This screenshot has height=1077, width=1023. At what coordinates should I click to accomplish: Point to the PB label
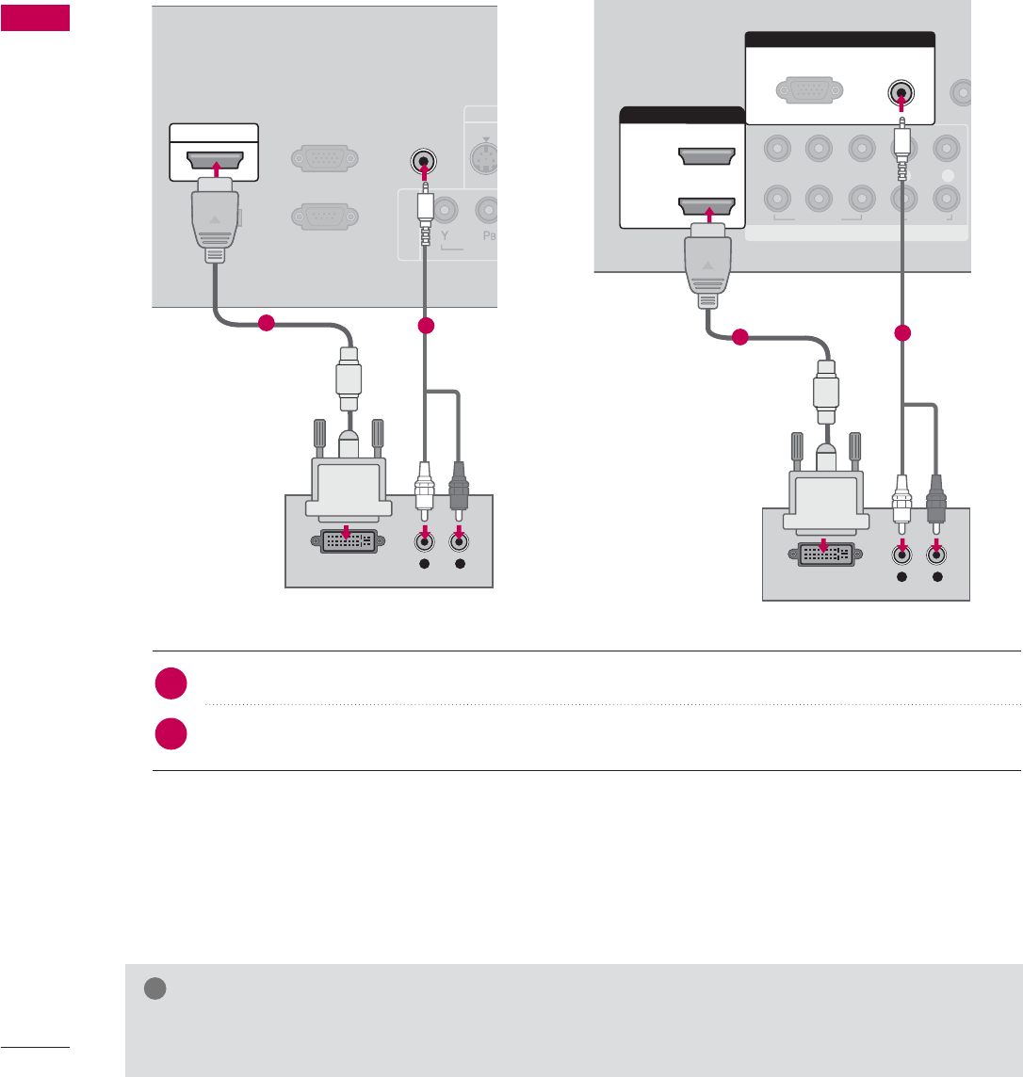[486, 255]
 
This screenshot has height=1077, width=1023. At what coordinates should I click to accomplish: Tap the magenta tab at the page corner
[35, 18]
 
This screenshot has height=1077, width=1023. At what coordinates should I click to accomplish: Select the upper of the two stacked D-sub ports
[324, 159]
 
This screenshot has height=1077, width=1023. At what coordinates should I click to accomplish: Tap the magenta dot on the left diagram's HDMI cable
[266, 324]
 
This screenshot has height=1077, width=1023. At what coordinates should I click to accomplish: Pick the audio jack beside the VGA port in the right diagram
[902, 93]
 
